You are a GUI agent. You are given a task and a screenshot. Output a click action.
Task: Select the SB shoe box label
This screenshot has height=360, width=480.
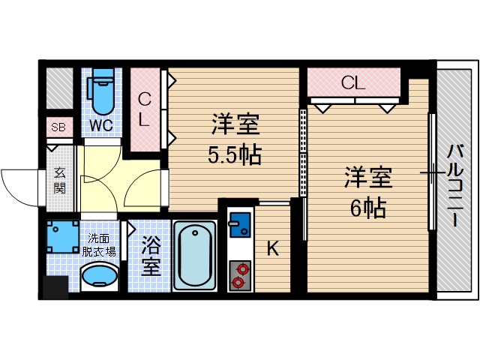pos(58,127)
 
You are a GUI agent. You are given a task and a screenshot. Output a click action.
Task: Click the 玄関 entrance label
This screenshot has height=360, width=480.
pos(60,180)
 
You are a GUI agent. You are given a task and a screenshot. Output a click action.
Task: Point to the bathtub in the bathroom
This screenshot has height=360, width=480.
pos(194,255)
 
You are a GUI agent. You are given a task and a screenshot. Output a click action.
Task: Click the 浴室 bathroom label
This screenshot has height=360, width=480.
pos(151,256)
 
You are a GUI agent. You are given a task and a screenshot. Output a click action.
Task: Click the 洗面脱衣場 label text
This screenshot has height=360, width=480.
pos(98,244)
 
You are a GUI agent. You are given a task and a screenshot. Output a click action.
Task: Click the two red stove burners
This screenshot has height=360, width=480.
pos(240,274)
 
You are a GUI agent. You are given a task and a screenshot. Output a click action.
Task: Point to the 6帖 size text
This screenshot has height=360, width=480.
pos(368,207)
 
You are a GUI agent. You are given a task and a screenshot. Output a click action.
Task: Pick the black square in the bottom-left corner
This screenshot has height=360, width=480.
pos(54,287)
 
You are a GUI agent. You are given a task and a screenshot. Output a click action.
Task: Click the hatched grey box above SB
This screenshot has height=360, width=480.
pos(58,88)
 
